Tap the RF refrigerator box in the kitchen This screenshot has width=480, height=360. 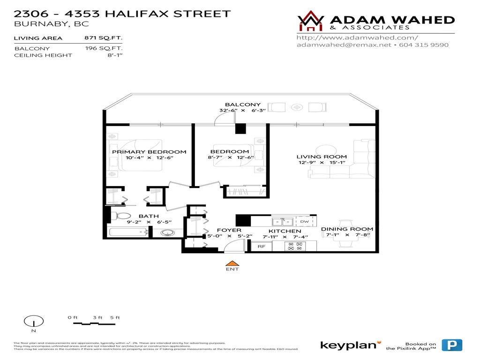tap(261, 246)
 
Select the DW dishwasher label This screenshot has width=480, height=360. tap(304, 222)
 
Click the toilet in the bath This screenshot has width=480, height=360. tap(123, 216)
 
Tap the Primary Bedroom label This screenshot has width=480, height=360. tap(149, 152)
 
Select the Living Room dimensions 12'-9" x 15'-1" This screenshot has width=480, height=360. tap(322, 163)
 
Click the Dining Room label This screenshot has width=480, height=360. tap(347, 229)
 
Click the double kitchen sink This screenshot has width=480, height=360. tap(283, 222)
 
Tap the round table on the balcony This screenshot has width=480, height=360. tap(296, 107)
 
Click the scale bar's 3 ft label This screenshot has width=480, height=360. tap(97, 318)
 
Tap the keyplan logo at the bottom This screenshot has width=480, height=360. tap(348, 345)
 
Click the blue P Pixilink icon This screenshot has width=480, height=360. tap(452, 345)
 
